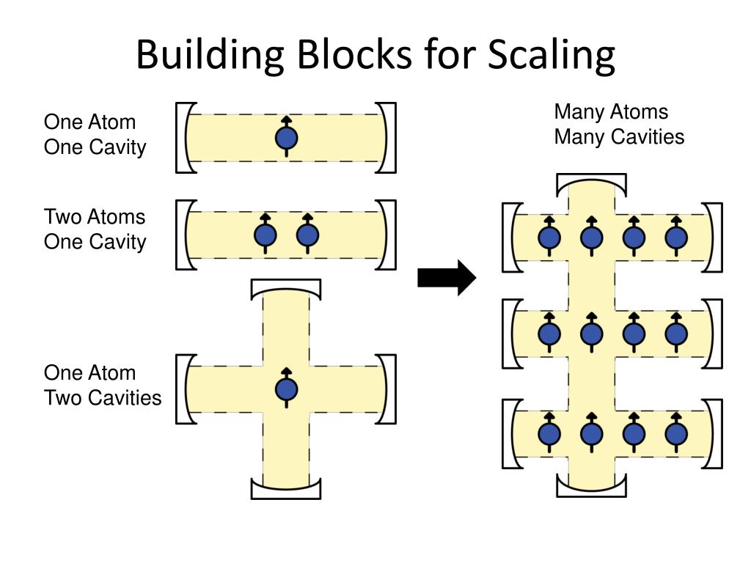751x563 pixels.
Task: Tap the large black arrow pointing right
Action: pyautogui.click(x=447, y=278)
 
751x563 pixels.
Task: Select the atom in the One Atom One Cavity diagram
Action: pyautogui.click(x=286, y=138)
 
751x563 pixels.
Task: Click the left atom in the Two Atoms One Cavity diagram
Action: pyautogui.click(x=265, y=235)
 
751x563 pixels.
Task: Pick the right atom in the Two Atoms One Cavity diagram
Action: pyautogui.click(x=307, y=235)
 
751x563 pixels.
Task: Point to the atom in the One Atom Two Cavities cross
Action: pyautogui.click(x=286, y=389)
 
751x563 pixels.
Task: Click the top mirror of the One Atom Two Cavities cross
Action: pyautogui.click(x=285, y=287)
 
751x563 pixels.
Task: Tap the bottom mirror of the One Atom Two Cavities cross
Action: pyautogui.click(x=285, y=490)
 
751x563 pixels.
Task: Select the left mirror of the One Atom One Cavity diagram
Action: pyautogui.click(x=184, y=138)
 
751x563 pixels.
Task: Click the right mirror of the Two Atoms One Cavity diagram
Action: pyautogui.click(x=388, y=235)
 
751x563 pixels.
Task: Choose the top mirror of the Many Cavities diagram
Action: pyautogui.click(x=591, y=183)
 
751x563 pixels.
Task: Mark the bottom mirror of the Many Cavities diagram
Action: pyautogui.click(x=591, y=485)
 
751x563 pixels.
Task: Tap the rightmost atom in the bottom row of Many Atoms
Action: pyautogui.click(x=675, y=435)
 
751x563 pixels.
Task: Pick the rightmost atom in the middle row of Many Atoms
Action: pyautogui.click(x=675, y=334)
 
